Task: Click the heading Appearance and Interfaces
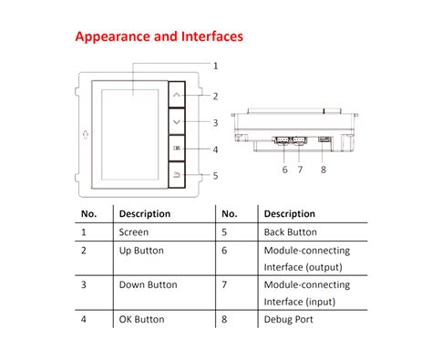(159, 37)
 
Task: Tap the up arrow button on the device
(177, 95)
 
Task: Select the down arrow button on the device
(177, 121)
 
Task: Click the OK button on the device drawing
(177, 149)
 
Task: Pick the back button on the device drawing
(177, 174)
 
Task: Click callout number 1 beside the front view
(215, 66)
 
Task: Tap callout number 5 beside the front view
(215, 175)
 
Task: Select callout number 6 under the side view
(284, 169)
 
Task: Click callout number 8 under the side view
(324, 169)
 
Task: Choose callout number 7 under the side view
(299, 169)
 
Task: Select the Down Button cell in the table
(148, 284)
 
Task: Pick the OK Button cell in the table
(141, 319)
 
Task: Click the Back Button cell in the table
(290, 232)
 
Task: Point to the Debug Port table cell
(288, 319)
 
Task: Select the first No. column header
(89, 213)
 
